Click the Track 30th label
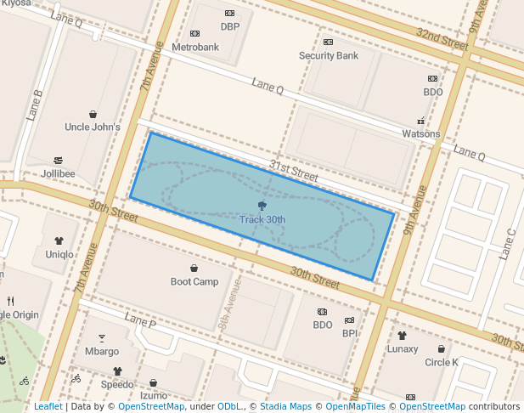pos(262,219)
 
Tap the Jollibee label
pos(58,174)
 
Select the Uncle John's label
pos(93,127)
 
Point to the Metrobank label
pos(195,47)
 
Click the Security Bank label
pos(329,56)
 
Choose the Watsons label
pos(421,133)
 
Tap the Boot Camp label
pos(194,281)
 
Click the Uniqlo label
pos(59,254)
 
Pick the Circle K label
pos(442,362)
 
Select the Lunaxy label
pos(403,348)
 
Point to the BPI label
pos(350,333)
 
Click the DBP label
pos(230,26)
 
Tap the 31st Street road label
pos(293,171)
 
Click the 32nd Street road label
pos(442,38)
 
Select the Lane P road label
pos(140,320)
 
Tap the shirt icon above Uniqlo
pos(59,241)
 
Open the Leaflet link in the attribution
pos(48,407)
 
